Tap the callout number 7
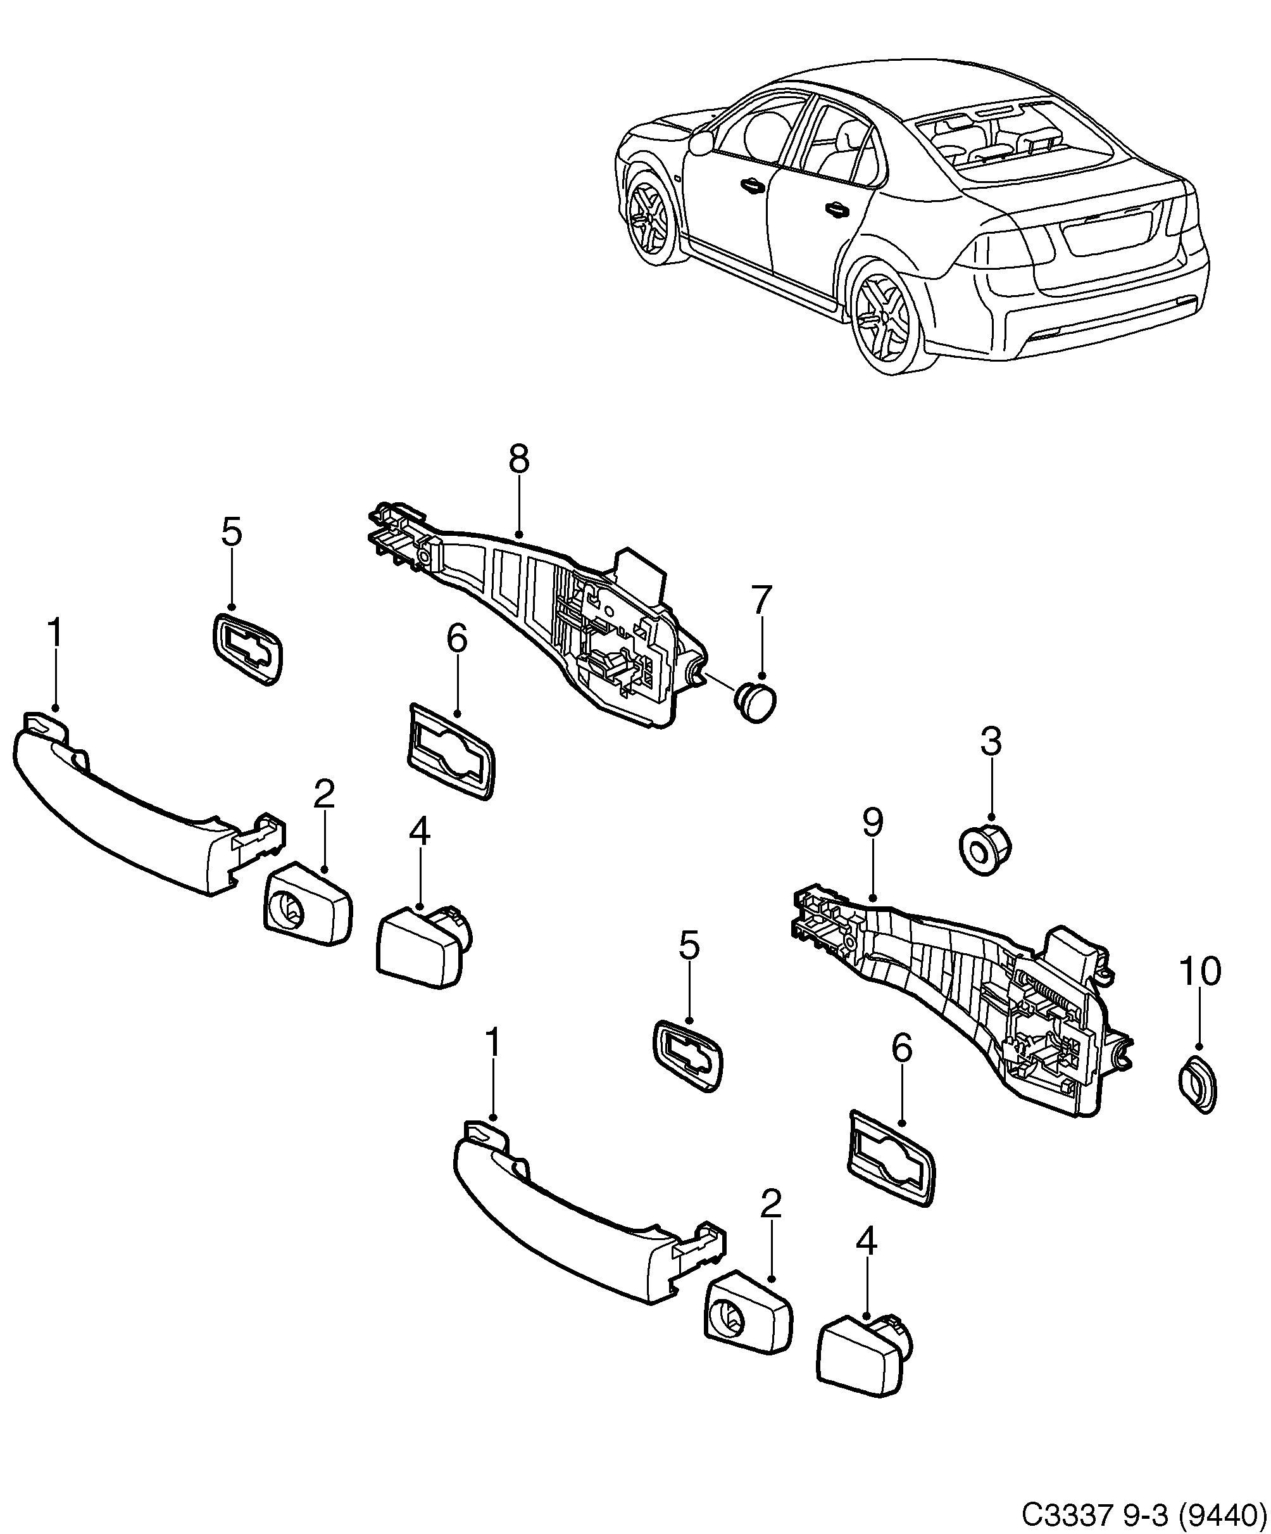pyautogui.click(x=761, y=601)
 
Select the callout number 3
pyautogui.click(x=991, y=742)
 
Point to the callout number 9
pyautogui.click(x=872, y=823)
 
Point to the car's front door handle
pyautogui.click(x=750, y=186)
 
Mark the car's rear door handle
pyautogui.click(x=838, y=210)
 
